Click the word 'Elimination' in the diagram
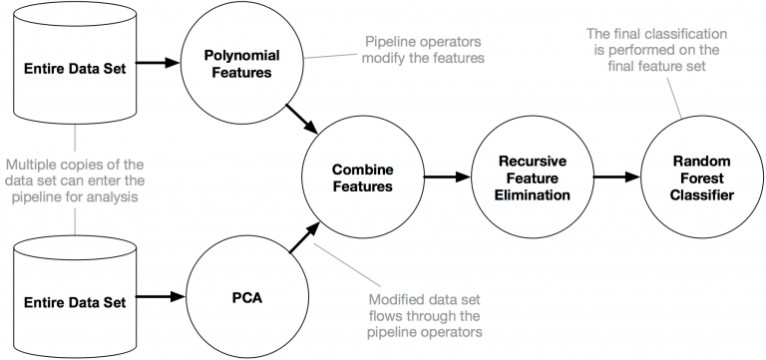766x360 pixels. click(x=522, y=195)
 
